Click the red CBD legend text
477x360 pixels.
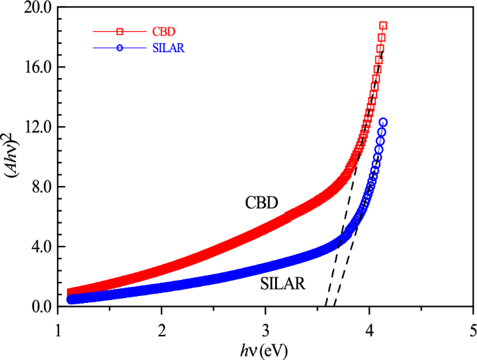pos(162,31)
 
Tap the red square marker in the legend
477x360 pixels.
pos(120,31)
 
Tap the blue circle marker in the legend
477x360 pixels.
pos(120,48)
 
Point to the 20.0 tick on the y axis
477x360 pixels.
pos(38,8)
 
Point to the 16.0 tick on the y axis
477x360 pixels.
pos(38,68)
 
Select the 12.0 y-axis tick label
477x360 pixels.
pos(38,127)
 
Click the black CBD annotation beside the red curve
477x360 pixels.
pos(261,203)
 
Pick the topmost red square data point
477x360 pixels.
pos(383,26)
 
